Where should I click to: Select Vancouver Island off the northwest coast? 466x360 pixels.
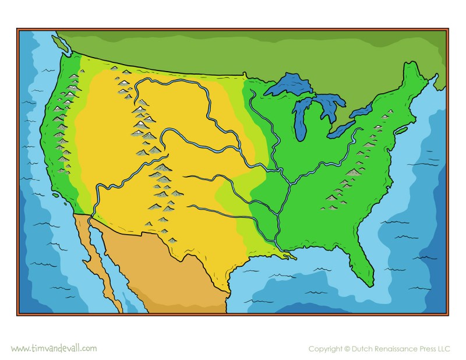(61, 42)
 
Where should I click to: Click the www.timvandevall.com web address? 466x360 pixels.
(54, 348)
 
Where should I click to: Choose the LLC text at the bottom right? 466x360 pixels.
(443, 349)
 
